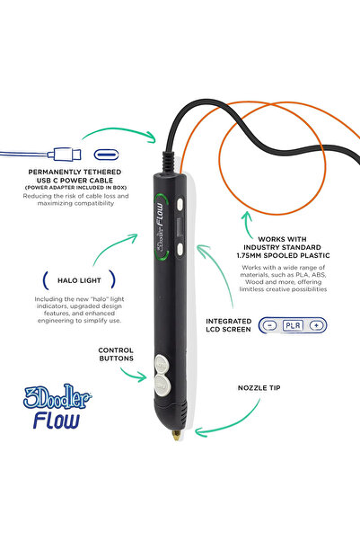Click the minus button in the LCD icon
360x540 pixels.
pos(270,324)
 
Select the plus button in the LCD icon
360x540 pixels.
pos(315,324)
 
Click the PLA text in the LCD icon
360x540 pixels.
pos(293,324)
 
